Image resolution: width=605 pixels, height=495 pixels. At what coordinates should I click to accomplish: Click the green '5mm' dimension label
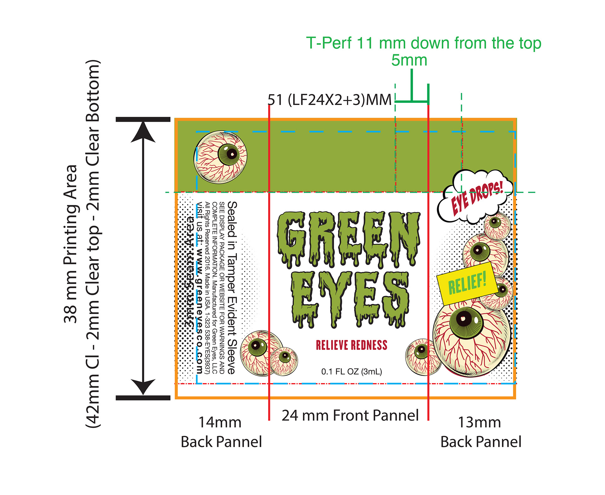pyautogui.click(x=409, y=60)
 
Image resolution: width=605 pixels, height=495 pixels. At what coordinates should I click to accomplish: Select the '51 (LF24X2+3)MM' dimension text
pyautogui.click(x=330, y=100)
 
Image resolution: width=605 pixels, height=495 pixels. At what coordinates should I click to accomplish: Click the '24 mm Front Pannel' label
pyautogui.click(x=350, y=415)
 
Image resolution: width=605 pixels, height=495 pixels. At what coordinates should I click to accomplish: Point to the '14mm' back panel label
pyautogui.click(x=220, y=422)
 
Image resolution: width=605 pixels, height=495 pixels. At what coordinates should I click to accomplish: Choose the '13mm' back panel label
pyautogui.click(x=479, y=422)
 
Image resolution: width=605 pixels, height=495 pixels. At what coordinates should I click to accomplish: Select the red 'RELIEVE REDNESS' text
pyautogui.click(x=351, y=345)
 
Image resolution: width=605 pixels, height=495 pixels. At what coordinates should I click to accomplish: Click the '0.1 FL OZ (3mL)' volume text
pyautogui.click(x=351, y=371)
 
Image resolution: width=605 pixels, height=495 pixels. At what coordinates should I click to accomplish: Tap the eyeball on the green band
pyautogui.click(x=220, y=157)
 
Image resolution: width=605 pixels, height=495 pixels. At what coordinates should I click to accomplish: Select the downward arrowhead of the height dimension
pyautogui.click(x=143, y=386)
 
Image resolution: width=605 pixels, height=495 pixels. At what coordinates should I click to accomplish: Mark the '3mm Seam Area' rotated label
pyautogui.click(x=190, y=271)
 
